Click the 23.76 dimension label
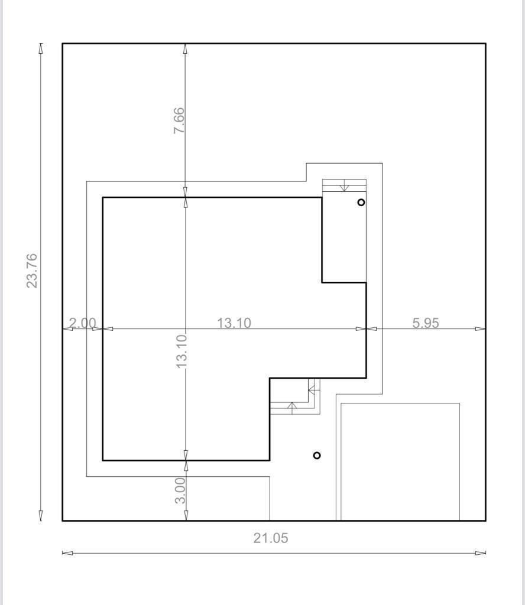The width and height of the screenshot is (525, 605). [32, 271]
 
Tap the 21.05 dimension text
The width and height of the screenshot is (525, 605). [271, 538]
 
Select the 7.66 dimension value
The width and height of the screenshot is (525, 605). [179, 120]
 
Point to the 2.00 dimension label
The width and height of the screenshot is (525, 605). [82, 323]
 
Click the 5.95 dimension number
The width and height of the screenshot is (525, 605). [425, 323]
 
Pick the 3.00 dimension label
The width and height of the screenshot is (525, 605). [180, 490]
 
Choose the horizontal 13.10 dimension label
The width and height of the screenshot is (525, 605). [234, 323]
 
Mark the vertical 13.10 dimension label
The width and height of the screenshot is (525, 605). [182, 351]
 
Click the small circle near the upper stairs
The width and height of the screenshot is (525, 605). [361, 202]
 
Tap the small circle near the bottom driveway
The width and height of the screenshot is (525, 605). [317, 456]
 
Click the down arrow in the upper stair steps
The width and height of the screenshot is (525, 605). [344, 188]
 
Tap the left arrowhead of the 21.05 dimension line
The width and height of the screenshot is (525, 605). [67, 553]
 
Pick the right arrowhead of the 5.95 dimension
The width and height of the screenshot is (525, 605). [481, 328]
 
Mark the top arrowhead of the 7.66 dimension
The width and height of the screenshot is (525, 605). [185, 48]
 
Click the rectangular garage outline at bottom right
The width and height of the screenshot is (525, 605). [400, 461]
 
